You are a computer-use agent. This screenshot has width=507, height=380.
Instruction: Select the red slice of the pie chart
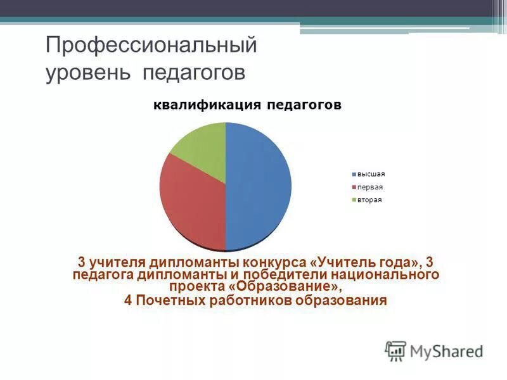click(x=190, y=203)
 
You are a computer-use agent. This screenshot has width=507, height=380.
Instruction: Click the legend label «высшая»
click(x=371, y=174)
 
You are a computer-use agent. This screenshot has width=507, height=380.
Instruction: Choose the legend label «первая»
click(x=370, y=187)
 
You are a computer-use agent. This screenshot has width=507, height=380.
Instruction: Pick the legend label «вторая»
click(x=369, y=200)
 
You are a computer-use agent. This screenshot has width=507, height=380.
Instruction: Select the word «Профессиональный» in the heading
click(x=151, y=46)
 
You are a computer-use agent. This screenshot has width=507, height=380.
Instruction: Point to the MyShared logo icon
click(x=395, y=350)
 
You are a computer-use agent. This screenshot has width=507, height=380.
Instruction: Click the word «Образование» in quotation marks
click(x=291, y=287)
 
